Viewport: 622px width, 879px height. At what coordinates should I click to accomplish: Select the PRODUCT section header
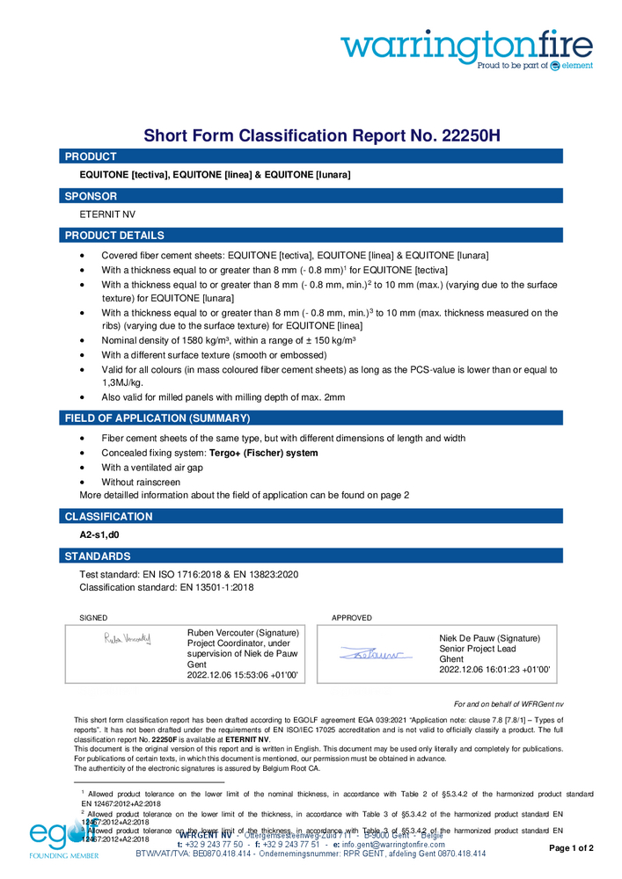(91, 156)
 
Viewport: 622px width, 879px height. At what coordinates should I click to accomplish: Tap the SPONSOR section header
(91, 196)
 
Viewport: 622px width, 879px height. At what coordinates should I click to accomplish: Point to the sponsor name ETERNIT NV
(108, 214)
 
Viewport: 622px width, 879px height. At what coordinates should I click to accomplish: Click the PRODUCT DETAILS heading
(114, 236)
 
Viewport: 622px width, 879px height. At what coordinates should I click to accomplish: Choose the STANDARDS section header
(98, 556)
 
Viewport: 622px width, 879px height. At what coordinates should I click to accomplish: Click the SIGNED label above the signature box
(93, 618)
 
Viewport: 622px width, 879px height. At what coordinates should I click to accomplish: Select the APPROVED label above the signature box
(352, 618)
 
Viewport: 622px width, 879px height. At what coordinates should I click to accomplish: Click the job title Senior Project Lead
(483, 649)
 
